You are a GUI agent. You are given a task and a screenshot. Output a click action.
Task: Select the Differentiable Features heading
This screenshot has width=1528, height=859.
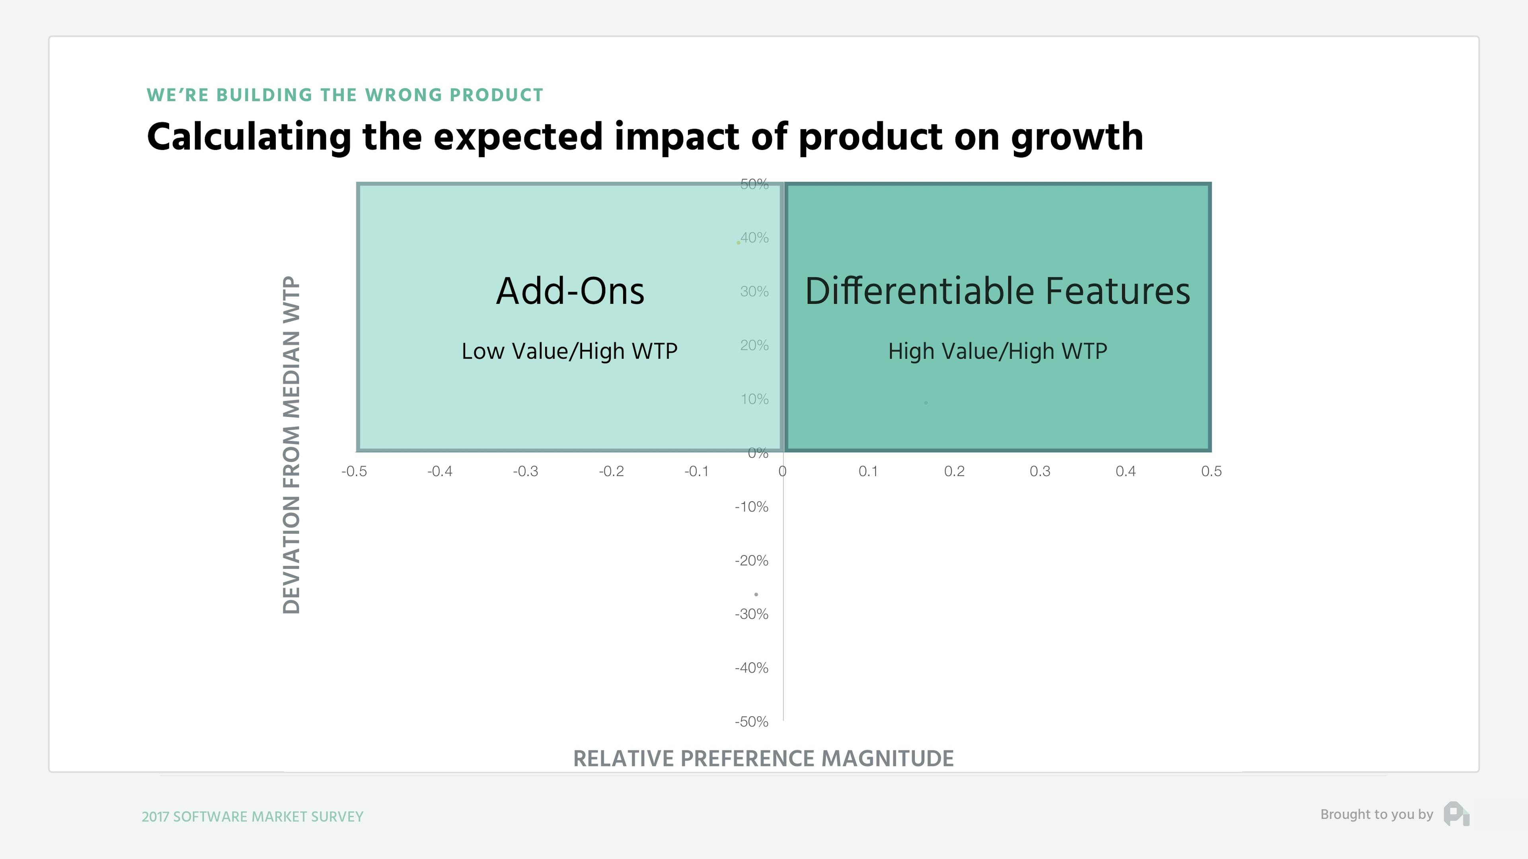click(997, 291)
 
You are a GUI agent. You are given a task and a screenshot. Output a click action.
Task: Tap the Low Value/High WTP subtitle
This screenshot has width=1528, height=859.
click(569, 351)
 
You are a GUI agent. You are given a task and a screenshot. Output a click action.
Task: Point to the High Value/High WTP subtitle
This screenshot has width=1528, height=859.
click(997, 351)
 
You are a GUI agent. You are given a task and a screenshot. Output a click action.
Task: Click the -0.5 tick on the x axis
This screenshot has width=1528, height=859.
click(354, 471)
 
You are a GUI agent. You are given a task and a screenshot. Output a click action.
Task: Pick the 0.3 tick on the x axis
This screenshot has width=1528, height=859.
click(1040, 471)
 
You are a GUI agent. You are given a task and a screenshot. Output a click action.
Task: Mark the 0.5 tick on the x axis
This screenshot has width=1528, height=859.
click(1211, 471)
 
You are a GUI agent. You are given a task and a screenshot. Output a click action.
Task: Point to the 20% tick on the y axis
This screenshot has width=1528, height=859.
click(754, 345)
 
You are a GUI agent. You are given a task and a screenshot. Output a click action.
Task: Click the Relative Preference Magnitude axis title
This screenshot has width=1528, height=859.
click(764, 758)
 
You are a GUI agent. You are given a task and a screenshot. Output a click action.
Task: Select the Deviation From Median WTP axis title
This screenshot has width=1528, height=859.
click(291, 445)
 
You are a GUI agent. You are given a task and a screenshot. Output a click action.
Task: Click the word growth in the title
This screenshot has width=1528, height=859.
click(1077, 138)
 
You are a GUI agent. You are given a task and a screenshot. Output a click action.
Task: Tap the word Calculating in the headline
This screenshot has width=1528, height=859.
click(249, 138)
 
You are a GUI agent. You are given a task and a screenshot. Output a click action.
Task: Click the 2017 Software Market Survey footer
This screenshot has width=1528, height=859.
click(252, 816)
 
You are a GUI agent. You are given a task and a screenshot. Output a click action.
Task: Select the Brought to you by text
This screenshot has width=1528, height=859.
click(1376, 814)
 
